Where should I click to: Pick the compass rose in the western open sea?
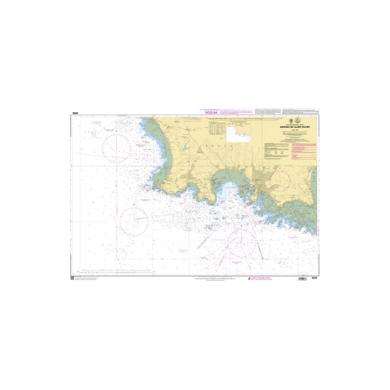click(134, 221)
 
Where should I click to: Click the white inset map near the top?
click(240, 130)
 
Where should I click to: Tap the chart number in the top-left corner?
click(75, 114)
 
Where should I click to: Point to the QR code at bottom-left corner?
click(73, 278)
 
